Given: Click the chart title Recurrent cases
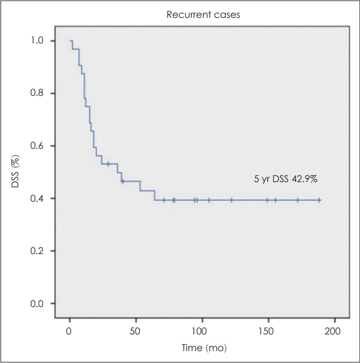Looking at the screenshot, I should pos(204,14).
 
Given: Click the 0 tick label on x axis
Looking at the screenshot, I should pos(70,330).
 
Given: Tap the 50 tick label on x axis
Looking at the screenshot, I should pos(136,330).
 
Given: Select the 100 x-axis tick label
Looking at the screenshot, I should pos(202,330).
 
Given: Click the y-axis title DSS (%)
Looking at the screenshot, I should pos(17,172).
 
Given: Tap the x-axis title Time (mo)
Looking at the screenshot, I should pos(204,347).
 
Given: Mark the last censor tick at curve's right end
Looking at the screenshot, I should pos(320,200).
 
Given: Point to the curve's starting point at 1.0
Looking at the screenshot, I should pos(70,41).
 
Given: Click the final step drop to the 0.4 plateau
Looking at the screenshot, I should pos(155,196).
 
